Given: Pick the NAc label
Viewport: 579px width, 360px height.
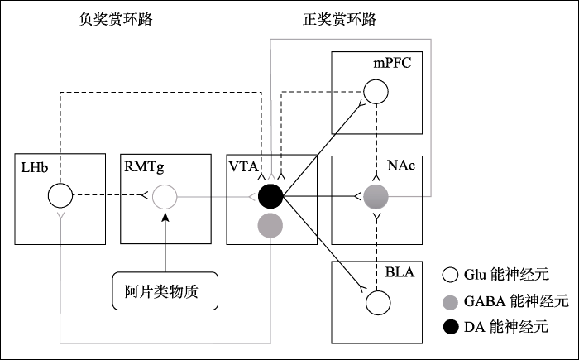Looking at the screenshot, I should point(400,167).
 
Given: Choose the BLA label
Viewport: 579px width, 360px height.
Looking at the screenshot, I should point(399,272).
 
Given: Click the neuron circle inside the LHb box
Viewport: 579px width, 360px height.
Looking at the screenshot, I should point(60,197).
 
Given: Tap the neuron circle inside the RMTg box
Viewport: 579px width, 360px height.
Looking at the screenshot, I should point(165,197).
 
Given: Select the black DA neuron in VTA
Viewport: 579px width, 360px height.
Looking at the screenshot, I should point(270,196).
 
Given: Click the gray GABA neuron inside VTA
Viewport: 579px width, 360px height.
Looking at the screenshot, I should point(270,224).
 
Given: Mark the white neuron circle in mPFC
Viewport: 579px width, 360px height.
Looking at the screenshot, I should point(376,90).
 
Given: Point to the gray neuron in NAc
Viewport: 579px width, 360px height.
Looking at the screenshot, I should point(376,197).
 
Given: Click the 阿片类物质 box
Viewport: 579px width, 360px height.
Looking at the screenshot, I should point(165,291).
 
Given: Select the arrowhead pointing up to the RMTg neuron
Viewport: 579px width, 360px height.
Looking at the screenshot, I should point(165,216).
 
